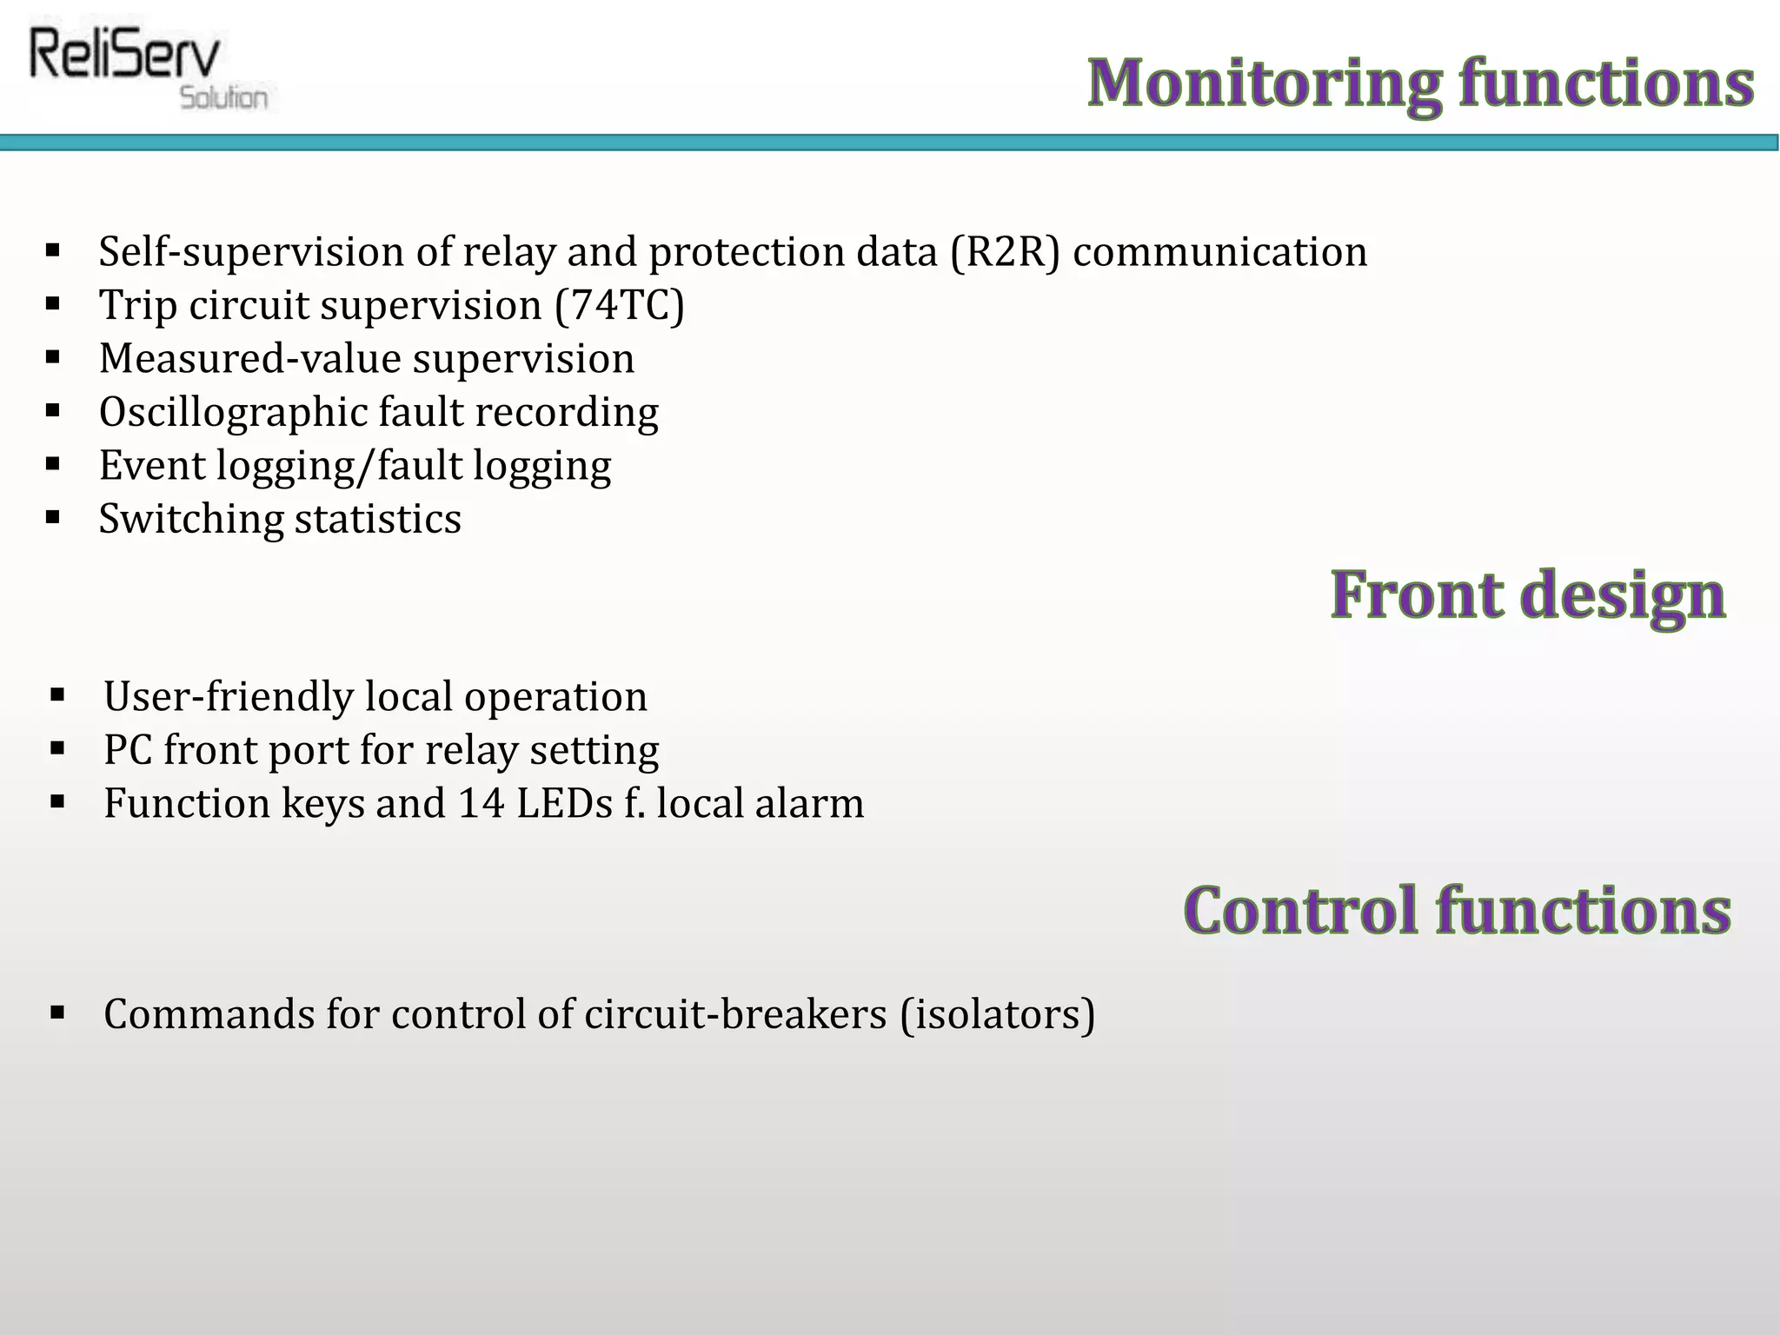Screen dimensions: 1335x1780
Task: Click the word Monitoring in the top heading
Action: (x=1265, y=84)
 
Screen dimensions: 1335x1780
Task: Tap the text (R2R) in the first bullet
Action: (x=1006, y=252)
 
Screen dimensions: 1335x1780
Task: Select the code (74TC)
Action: (x=620, y=306)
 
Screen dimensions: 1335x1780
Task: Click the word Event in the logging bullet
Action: (x=151, y=466)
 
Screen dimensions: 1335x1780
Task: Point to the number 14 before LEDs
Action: (x=481, y=803)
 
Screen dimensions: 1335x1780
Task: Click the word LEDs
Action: (x=564, y=803)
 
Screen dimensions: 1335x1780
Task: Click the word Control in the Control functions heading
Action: (x=1301, y=911)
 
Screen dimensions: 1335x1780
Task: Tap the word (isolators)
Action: (x=997, y=1015)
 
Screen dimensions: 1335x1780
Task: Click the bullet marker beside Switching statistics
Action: (x=53, y=518)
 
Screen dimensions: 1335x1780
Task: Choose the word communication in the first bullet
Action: (x=1220, y=252)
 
